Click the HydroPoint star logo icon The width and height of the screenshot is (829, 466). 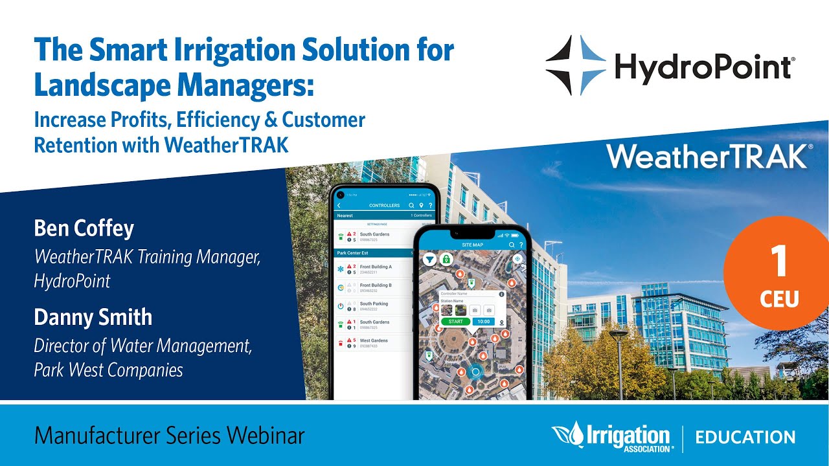tap(575, 65)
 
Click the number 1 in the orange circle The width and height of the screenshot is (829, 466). tap(779, 262)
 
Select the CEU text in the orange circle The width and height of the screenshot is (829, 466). tap(780, 298)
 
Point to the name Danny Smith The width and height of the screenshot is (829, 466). tap(93, 317)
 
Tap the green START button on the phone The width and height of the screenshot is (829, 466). tap(455, 322)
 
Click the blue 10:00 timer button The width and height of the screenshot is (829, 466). tap(483, 322)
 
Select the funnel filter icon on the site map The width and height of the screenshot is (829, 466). tap(429, 259)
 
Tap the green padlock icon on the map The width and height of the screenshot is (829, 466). tap(446, 259)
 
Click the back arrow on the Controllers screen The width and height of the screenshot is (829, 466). tap(339, 205)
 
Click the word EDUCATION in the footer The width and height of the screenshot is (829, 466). tap(745, 437)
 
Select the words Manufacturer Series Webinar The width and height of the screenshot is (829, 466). tap(169, 436)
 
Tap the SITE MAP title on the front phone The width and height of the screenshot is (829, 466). tap(472, 245)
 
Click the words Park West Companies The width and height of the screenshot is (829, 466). tap(108, 370)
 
